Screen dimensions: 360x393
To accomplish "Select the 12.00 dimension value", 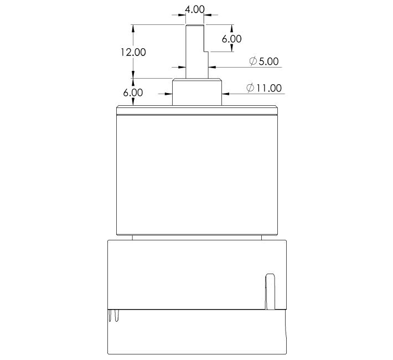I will click(x=133, y=52).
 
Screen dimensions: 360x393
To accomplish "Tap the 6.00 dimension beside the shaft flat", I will click(x=232, y=39).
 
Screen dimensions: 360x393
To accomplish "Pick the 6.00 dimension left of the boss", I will click(x=133, y=92).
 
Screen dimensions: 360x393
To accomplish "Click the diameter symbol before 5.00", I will click(x=253, y=61).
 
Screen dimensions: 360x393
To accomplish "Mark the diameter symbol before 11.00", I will click(x=250, y=88).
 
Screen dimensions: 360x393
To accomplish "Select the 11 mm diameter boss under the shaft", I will click(x=196, y=92).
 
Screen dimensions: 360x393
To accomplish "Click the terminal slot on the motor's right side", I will click(x=270, y=291).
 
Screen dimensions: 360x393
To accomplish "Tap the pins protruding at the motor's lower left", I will click(x=115, y=316).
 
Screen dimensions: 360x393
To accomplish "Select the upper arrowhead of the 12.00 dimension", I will click(x=133, y=28).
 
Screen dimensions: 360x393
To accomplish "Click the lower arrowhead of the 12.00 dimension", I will click(x=133, y=75).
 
